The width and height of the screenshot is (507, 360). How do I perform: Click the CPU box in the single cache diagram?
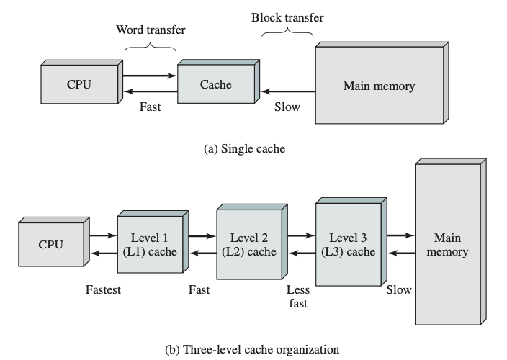pos(78,85)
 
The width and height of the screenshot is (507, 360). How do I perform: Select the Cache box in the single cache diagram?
pos(216,85)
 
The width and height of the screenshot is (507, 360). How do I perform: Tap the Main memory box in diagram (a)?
pos(379,87)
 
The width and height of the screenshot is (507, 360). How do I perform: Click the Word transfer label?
pos(150,30)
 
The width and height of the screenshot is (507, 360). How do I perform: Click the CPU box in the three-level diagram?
pos(50,245)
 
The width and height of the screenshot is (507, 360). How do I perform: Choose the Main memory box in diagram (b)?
pos(447,245)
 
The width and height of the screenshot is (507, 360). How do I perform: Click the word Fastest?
pos(103,290)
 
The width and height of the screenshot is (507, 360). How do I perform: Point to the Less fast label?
pos(297,297)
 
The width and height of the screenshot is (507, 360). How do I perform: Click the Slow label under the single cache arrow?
pos(287,107)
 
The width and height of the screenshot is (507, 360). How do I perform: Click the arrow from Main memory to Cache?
pos(288,92)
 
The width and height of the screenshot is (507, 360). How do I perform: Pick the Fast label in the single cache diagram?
pos(150,107)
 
